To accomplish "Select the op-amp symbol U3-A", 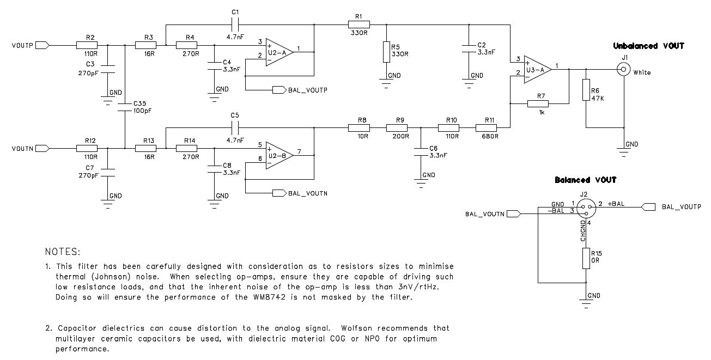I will (x=536, y=69).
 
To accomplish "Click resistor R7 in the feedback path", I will (x=538, y=103).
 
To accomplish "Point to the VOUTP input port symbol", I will (x=43, y=46).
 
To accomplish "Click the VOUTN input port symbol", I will (x=43, y=148).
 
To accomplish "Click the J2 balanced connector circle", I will (x=585, y=206).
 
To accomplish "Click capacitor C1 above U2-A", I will (x=235, y=25).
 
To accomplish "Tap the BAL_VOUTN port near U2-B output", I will (x=279, y=193).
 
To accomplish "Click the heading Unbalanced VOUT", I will (x=648, y=46).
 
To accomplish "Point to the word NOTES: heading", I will (x=63, y=252).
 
